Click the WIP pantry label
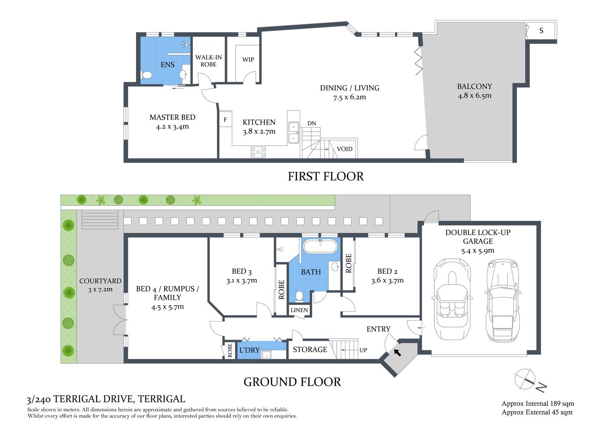pos(248,60)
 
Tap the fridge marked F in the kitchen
pos(225,119)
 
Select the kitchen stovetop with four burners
pos(258,152)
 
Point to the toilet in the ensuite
pos(147,76)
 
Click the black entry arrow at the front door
pos(397,352)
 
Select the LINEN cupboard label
pos(299,310)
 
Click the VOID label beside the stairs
pos(345,149)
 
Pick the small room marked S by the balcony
pos(541,30)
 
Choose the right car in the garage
pos(502,300)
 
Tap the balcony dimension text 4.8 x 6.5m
pos(475,95)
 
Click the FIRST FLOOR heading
pos(326,176)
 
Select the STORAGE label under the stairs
pos(310,349)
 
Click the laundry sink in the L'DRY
pos(266,354)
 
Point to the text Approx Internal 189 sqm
pos(538,403)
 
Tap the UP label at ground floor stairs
pos(363,350)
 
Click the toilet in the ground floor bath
pos(299,295)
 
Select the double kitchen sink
pos(294,132)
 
